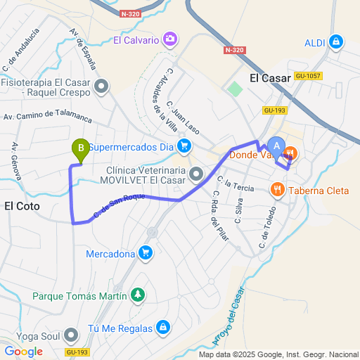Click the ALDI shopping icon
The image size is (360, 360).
point(336,42)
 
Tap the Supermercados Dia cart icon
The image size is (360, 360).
point(184,147)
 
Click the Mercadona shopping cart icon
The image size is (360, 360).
point(146,252)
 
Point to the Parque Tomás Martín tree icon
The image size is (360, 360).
point(139,295)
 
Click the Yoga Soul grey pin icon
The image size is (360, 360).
point(71,335)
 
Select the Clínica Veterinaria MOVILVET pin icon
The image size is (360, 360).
point(196,173)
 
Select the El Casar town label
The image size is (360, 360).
point(270,79)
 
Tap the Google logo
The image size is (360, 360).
point(23,351)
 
